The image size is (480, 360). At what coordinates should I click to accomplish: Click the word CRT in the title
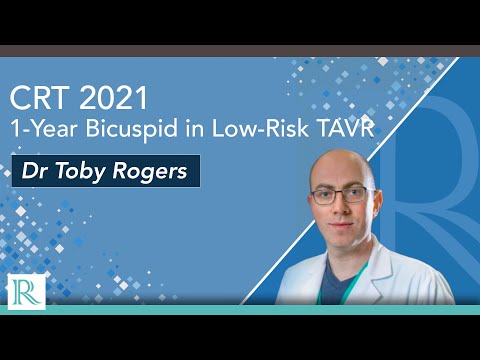point(39,99)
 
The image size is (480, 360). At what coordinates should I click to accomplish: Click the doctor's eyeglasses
point(342,196)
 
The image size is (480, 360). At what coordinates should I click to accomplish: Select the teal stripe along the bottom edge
point(240,309)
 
